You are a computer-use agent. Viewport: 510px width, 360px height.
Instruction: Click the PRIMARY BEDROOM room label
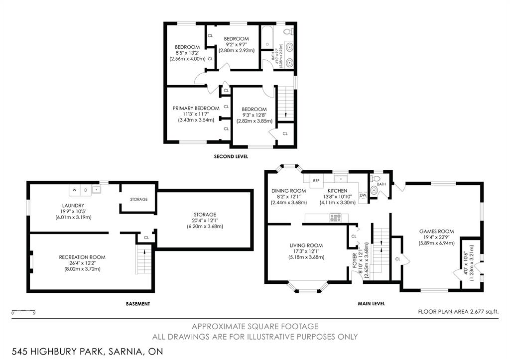pos(196,108)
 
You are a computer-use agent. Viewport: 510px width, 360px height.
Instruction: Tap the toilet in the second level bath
pos(287,31)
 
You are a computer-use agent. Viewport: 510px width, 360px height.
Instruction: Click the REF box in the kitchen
pos(316,180)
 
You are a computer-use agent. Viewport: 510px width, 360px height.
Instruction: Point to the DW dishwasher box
pos(363,195)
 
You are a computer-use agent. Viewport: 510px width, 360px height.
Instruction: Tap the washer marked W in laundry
pos(74,190)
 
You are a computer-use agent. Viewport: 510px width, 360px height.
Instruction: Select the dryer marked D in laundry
pos(85,190)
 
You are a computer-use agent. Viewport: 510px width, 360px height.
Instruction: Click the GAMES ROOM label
pos(436,231)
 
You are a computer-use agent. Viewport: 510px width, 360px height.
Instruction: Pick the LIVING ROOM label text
pos(306,245)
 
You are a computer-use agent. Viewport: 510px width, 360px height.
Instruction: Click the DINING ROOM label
pos(288,190)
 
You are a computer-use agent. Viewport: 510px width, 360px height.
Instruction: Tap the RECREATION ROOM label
pos(82,257)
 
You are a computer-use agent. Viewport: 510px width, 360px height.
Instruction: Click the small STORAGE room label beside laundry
pos(138,199)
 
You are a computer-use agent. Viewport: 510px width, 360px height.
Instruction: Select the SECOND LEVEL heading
pos(231,156)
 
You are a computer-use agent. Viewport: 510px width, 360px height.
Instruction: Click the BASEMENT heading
pos(137,303)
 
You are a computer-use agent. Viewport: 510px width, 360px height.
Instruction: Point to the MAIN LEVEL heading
pos(371,303)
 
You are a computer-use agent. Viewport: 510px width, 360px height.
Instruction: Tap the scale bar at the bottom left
pos(23,311)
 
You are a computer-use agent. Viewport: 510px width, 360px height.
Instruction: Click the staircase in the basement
pos(143,259)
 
